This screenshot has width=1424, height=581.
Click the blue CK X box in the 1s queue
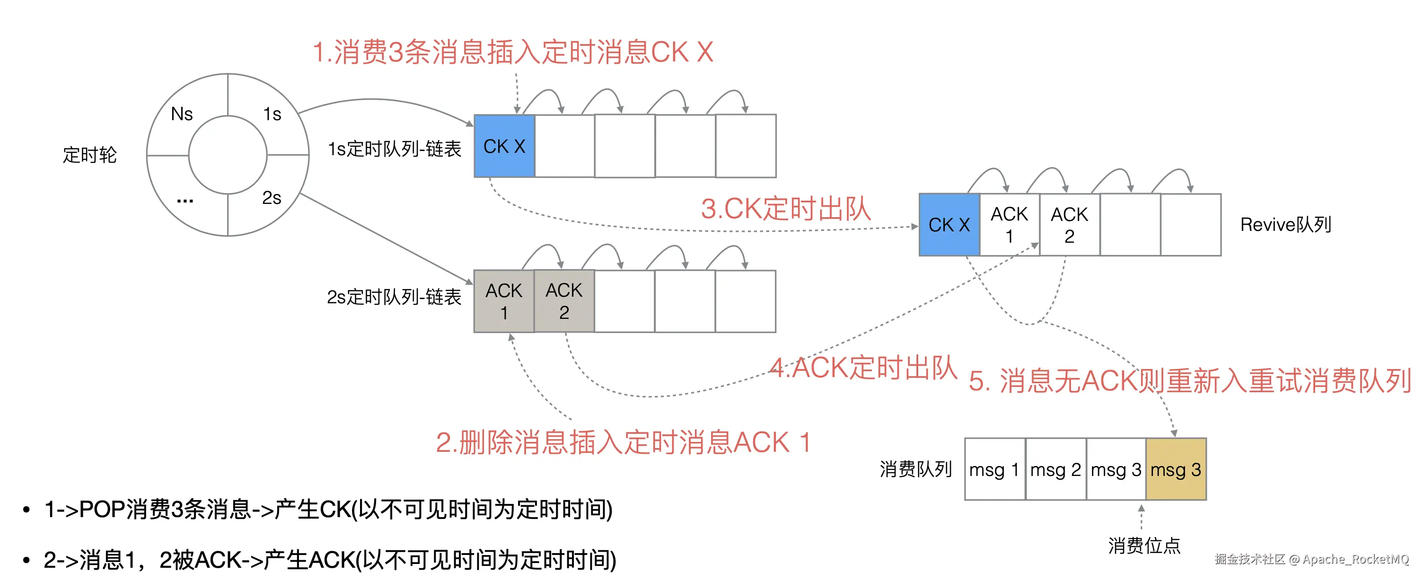504,146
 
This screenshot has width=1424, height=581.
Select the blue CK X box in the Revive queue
949,224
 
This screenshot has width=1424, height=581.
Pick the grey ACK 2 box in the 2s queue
564,301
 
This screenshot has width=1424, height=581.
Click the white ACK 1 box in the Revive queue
1010,224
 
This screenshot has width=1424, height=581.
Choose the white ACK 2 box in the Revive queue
1070,224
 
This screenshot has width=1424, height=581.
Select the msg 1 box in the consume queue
994,469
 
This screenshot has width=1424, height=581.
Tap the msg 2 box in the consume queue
1055,469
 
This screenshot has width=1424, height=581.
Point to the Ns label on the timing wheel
182,114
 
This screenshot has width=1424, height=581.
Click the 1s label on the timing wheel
272,114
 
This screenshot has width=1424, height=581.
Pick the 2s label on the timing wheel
272,197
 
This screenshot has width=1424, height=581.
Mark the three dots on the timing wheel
185,201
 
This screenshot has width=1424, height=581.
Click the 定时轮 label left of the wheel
89,155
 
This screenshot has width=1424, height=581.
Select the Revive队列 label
1286,224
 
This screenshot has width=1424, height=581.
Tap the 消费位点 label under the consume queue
1144,546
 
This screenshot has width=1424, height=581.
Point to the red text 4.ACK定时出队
863,368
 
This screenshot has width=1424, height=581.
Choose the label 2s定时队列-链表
394,297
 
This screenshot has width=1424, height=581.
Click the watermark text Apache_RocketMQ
1356,559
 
